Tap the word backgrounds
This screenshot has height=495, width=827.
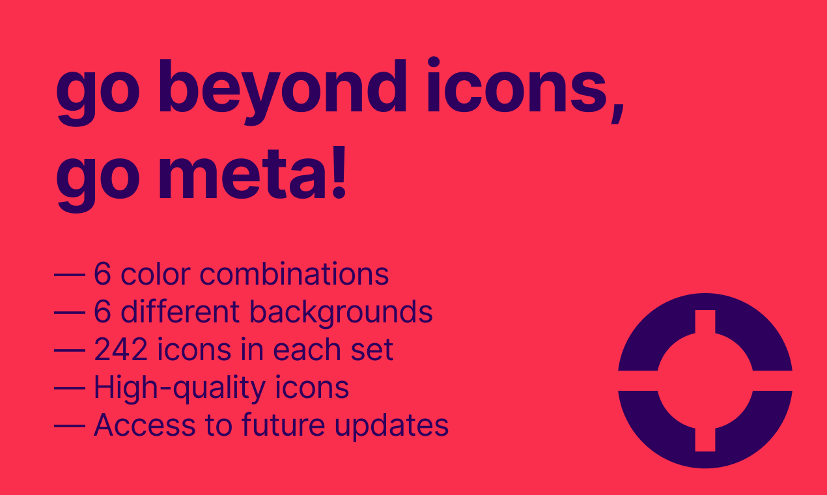pyautogui.click(x=341, y=313)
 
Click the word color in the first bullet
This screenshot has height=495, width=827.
pyautogui.click(x=156, y=275)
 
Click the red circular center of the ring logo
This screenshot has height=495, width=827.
pyautogui.click(x=705, y=380)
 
